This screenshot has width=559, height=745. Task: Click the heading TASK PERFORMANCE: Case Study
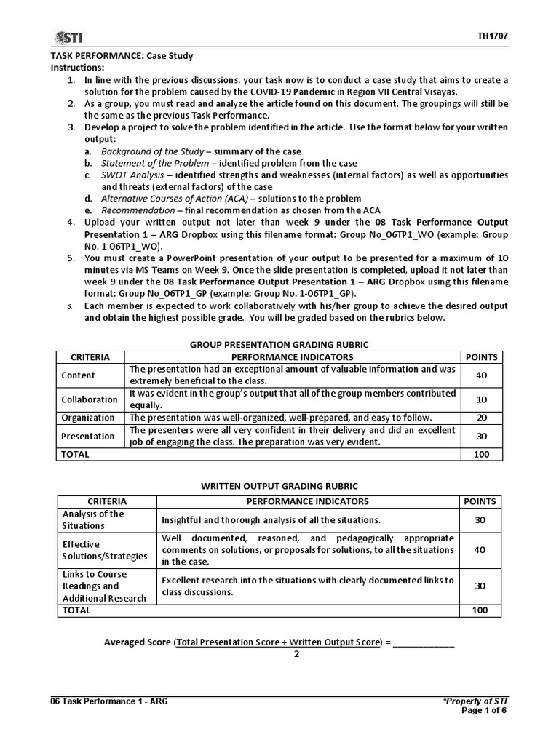[x=122, y=56]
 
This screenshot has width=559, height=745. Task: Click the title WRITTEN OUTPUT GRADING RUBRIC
[x=279, y=486]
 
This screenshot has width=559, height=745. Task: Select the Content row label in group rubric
[x=78, y=375]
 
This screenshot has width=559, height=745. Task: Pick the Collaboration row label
[x=90, y=399]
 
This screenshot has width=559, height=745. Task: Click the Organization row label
[x=88, y=418]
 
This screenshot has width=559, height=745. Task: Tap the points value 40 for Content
[x=480, y=375]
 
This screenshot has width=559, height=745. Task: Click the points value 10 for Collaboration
[x=480, y=399]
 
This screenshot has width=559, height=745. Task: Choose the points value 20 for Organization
[x=480, y=418]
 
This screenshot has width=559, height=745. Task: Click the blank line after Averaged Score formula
[x=424, y=642]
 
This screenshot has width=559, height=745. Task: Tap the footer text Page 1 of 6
[x=485, y=710]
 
